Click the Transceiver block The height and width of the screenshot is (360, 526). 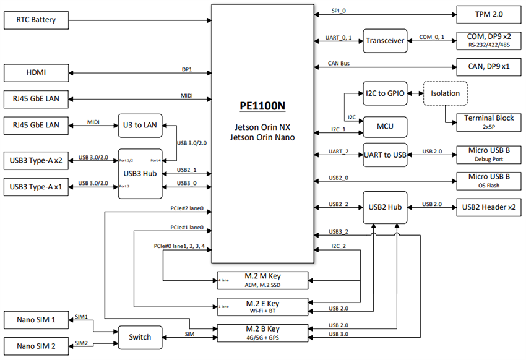[384, 41]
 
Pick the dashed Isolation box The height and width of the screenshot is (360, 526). [446, 93]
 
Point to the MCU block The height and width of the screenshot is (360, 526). [384, 127]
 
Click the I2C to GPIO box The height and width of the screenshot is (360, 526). [384, 93]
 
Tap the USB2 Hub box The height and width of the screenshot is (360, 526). [384, 207]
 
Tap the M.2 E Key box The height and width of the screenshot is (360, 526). [262, 305]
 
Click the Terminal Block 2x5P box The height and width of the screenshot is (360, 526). [488, 122]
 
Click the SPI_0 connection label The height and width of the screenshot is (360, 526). [338, 11]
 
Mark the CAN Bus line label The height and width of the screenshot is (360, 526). [340, 62]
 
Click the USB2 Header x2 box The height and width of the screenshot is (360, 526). [488, 207]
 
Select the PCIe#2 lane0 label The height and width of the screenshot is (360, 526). [188, 208]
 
